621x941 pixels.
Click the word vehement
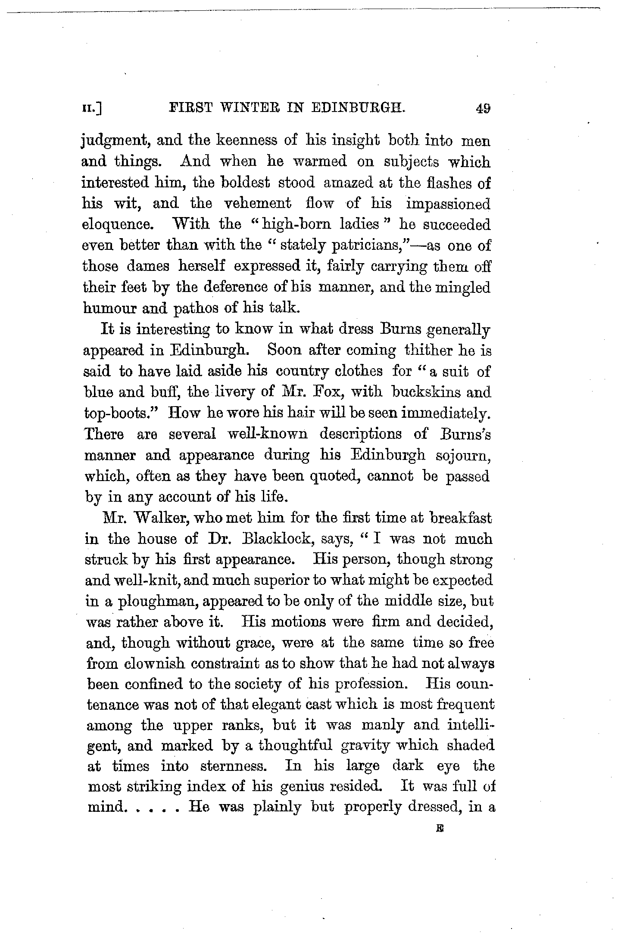coord(258,203)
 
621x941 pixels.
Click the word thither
coord(427,350)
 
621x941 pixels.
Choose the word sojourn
coord(464,455)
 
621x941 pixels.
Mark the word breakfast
coord(460,518)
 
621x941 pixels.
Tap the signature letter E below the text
coord(440,827)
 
